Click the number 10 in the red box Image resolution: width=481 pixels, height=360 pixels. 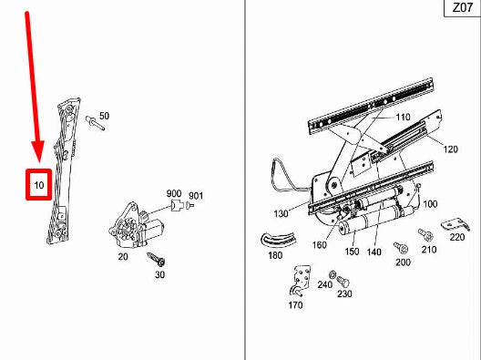[x=38, y=186]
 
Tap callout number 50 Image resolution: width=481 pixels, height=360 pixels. [x=104, y=116]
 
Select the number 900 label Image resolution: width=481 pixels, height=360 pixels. [x=173, y=195]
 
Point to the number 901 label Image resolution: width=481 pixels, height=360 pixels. [x=196, y=196]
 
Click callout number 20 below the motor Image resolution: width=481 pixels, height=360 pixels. [x=123, y=256]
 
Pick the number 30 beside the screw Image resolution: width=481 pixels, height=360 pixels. [x=159, y=274]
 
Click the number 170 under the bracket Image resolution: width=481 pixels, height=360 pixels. [x=295, y=305]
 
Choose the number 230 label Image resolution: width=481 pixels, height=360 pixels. [x=344, y=293]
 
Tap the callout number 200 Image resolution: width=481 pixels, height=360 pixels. [x=403, y=262]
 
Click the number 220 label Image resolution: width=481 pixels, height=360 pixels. [x=455, y=238]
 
